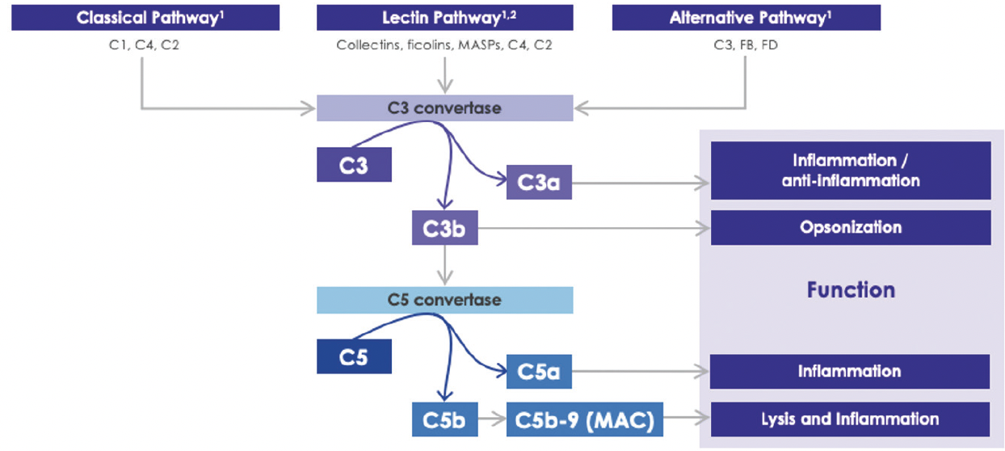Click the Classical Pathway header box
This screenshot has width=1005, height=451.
tap(145, 18)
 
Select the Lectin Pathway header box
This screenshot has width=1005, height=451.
tap(444, 18)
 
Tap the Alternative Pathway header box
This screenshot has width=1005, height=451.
tap(746, 18)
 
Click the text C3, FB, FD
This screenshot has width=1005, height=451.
tap(746, 45)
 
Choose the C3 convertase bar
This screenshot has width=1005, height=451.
tap(444, 108)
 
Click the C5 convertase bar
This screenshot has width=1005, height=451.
tap(444, 300)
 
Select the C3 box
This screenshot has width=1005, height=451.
tap(354, 165)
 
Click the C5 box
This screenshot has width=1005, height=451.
tap(354, 356)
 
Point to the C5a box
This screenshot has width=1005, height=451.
tap(539, 373)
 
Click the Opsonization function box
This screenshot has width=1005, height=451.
tap(850, 228)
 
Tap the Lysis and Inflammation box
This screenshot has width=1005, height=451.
tap(850, 419)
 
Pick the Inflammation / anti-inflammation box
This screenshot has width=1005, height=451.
tap(850, 171)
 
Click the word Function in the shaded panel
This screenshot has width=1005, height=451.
tap(850, 290)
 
